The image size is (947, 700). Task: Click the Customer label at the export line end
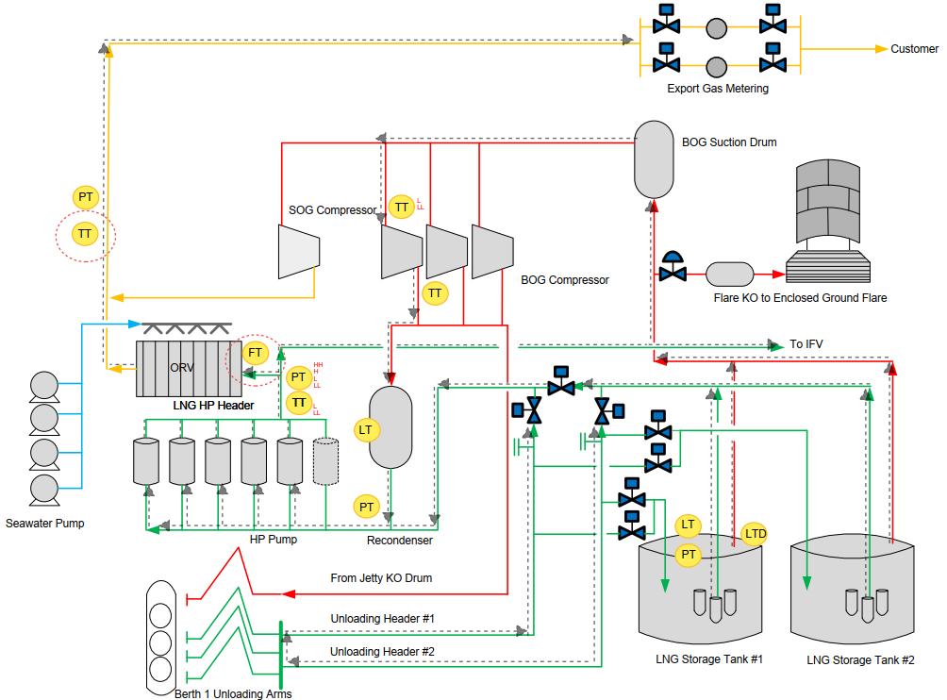click(x=914, y=49)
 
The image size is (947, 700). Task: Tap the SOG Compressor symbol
click(x=299, y=250)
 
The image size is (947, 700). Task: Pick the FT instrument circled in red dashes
click(x=255, y=353)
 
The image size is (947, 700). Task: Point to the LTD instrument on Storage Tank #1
click(x=756, y=534)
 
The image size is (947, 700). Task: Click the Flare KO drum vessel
click(x=729, y=275)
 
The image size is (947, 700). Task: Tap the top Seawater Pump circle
click(x=44, y=385)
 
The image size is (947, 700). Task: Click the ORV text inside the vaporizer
click(x=182, y=368)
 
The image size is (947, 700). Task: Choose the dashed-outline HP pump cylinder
click(x=325, y=461)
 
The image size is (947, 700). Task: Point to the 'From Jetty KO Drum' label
click(x=380, y=577)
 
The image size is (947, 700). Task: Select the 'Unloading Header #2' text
click(x=382, y=652)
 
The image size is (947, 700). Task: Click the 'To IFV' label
click(x=806, y=344)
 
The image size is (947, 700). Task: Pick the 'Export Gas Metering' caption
click(x=717, y=89)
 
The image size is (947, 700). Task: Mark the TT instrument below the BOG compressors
click(x=435, y=293)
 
